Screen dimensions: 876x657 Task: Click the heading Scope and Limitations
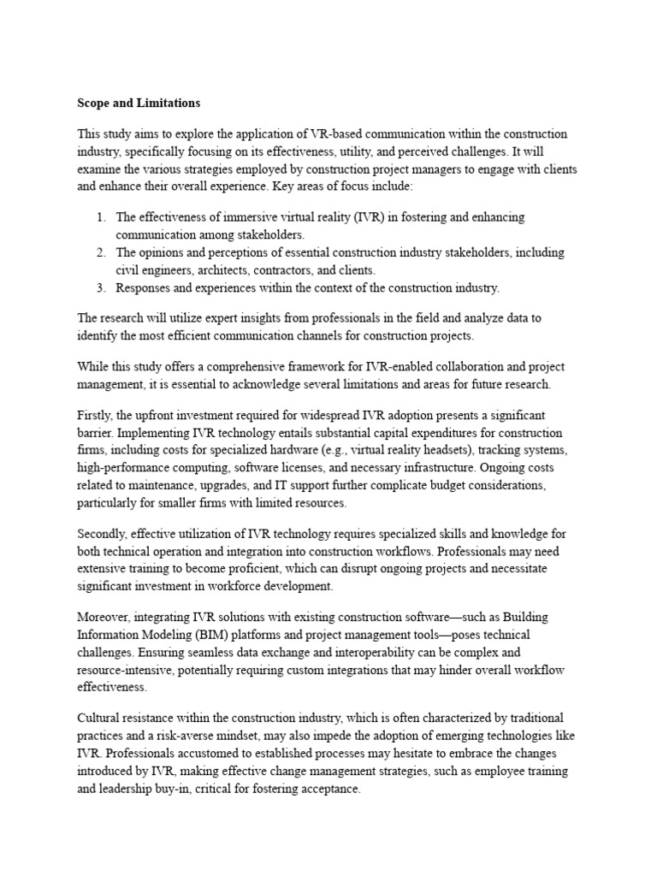click(139, 103)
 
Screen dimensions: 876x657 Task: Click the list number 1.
click(101, 217)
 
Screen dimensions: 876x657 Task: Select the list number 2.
click(101, 252)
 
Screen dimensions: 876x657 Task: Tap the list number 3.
click(101, 287)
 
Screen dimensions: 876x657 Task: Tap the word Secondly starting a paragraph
click(106, 532)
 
